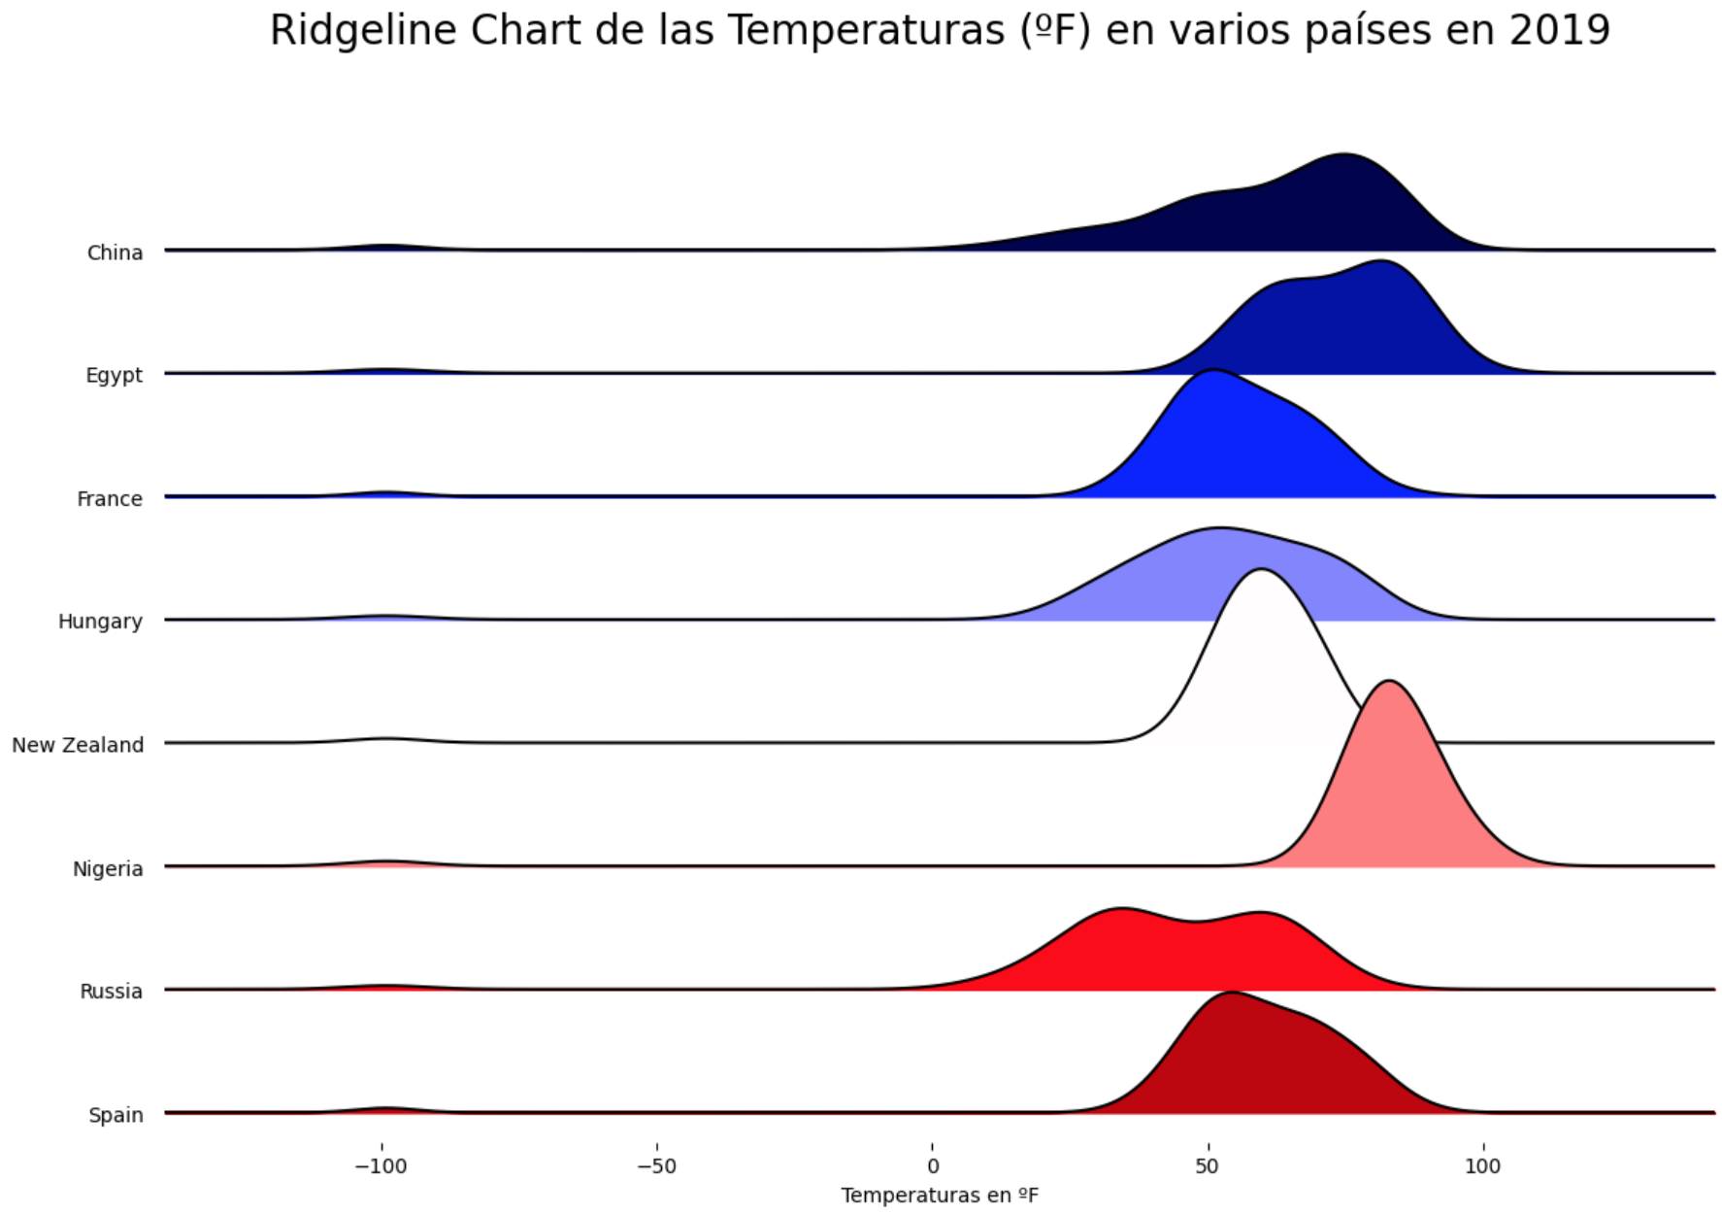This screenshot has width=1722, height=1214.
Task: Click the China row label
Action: coord(115,253)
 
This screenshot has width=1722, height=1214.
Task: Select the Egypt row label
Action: coord(114,375)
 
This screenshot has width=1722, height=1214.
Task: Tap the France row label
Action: coord(110,498)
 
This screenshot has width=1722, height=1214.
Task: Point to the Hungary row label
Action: coord(100,622)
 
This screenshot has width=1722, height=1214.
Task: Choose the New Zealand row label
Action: coord(78,745)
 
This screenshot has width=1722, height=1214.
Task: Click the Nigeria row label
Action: coord(108,868)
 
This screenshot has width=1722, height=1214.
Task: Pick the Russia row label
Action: coord(111,991)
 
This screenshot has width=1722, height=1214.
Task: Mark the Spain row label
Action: coord(116,1115)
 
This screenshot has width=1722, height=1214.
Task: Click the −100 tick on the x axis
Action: coord(381,1165)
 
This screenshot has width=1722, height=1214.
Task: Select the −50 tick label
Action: coord(656,1165)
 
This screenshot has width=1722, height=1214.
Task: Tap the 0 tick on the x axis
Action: coord(933,1165)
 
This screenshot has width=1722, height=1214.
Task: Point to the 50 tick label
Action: coord(1208,1165)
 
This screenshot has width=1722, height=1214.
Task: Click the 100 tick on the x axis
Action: coord(1482,1165)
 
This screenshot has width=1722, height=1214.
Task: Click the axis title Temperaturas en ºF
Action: coord(940,1196)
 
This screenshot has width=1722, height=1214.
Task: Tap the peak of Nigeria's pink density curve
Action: coord(1390,682)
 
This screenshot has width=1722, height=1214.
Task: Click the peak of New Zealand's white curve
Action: coord(1260,570)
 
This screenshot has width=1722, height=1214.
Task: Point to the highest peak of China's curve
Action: coord(1343,154)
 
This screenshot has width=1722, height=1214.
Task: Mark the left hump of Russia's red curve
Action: coord(1121,909)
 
